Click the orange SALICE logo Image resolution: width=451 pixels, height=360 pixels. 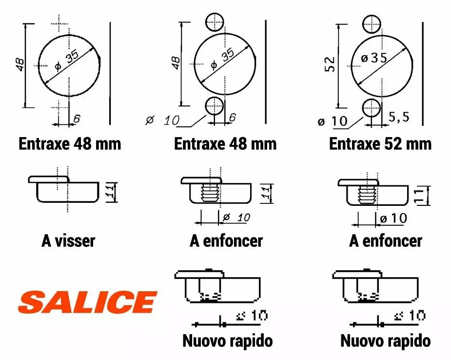point(87,302)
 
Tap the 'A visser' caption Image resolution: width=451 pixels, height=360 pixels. point(68,241)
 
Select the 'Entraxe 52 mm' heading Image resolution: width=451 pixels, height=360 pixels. point(380,144)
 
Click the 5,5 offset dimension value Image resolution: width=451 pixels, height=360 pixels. point(399,117)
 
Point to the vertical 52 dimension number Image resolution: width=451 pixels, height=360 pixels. point(331,64)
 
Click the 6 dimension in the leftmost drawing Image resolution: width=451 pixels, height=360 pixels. point(77,119)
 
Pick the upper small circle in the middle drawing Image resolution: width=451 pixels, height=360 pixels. point(215,22)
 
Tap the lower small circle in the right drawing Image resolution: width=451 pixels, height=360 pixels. point(372,108)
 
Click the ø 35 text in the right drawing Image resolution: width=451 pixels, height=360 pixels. point(374,58)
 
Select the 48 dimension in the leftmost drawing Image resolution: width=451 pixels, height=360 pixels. point(20,64)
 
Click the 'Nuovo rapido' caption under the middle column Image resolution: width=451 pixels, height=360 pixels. point(228,341)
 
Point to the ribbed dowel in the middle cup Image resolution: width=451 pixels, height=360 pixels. point(210,193)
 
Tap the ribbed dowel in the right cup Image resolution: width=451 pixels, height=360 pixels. point(367,195)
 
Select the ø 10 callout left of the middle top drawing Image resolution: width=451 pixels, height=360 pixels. point(162,120)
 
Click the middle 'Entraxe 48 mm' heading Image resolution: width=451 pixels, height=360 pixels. point(225,144)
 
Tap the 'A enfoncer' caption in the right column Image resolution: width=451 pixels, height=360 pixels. point(385,241)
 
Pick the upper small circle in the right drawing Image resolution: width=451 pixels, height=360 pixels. point(372,24)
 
